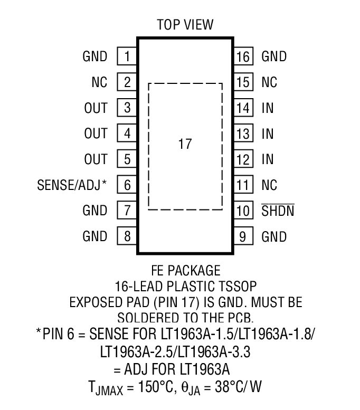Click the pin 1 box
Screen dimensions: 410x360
[127, 56]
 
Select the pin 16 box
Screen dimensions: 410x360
[243, 56]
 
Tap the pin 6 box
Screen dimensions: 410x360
[127, 185]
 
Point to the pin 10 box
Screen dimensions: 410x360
[243, 211]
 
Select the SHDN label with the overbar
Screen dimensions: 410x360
[278, 211]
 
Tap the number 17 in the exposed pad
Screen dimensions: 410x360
[184, 144]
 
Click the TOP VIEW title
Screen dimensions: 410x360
[184, 25]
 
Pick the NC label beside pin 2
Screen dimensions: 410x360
[99, 82]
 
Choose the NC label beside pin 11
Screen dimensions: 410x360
[269, 185]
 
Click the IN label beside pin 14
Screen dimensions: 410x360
[268, 108]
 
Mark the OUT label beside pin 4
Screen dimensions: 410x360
[96, 134]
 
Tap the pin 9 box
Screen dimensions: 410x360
[243, 236]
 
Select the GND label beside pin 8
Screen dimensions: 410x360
[95, 236]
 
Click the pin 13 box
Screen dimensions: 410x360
[243, 134]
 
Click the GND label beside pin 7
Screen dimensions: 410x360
[95, 211]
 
